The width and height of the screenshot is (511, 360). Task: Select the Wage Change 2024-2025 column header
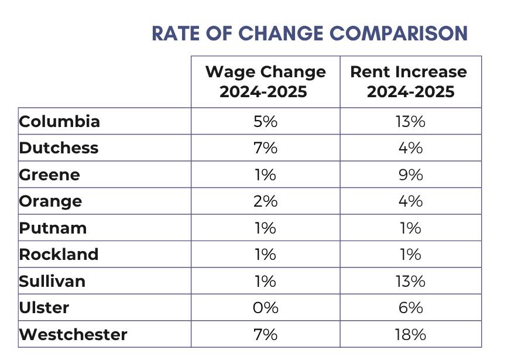pyautogui.click(x=265, y=81)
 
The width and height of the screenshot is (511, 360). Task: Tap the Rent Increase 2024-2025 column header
pyautogui.click(x=409, y=81)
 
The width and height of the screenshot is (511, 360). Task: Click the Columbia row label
pyautogui.click(x=60, y=121)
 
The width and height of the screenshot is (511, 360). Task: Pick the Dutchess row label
pyautogui.click(x=59, y=148)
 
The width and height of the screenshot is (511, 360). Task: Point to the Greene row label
pyautogui.click(x=50, y=174)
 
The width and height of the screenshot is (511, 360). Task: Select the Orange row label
pyautogui.click(x=50, y=201)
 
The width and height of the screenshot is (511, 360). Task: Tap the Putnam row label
pyautogui.click(x=53, y=228)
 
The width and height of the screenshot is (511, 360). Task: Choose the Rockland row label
pyautogui.click(x=59, y=255)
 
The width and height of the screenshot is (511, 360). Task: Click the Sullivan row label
pyautogui.click(x=52, y=281)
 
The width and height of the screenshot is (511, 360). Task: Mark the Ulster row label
pyautogui.click(x=44, y=308)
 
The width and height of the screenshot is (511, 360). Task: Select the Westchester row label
pyautogui.click(x=73, y=334)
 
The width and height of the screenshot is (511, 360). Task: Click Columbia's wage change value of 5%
pyautogui.click(x=265, y=121)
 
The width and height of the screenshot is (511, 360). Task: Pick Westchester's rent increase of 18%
pyautogui.click(x=410, y=334)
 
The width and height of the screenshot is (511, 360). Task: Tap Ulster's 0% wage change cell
pyautogui.click(x=265, y=308)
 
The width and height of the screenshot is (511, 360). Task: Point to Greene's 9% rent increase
pyautogui.click(x=410, y=174)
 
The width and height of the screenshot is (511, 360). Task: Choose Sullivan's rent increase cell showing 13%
pyautogui.click(x=410, y=281)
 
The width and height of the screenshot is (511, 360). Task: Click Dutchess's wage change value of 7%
pyautogui.click(x=265, y=148)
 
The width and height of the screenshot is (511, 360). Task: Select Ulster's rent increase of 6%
pyautogui.click(x=410, y=308)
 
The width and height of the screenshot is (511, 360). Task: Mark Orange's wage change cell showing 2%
pyautogui.click(x=265, y=201)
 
